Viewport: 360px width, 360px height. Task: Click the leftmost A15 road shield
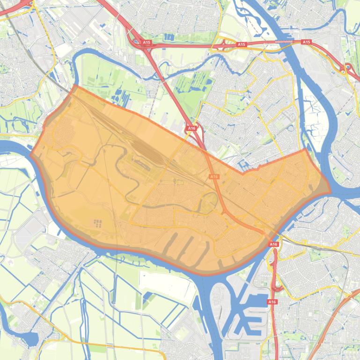click(x=147, y=43)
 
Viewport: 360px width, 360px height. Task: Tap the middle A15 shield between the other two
click(x=241, y=44)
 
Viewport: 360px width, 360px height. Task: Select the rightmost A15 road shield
click(x=306, y=42)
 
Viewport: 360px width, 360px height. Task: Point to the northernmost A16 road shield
click(x=191, y=128)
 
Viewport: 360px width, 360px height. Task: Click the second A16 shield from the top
click(x=214, y=176)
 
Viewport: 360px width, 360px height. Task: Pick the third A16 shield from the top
click(x=273, y=244)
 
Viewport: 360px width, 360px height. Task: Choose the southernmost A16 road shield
click(x=272, y=302)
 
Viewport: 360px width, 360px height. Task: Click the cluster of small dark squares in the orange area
click(x=97, y=223)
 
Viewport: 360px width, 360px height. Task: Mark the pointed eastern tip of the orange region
click(x=330, y=191)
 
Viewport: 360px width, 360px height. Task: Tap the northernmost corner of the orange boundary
click(x=75, y=86)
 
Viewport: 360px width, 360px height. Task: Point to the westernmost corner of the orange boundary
click(x=31, y=155)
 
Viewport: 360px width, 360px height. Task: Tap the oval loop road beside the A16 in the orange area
click(x=208, y=202)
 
